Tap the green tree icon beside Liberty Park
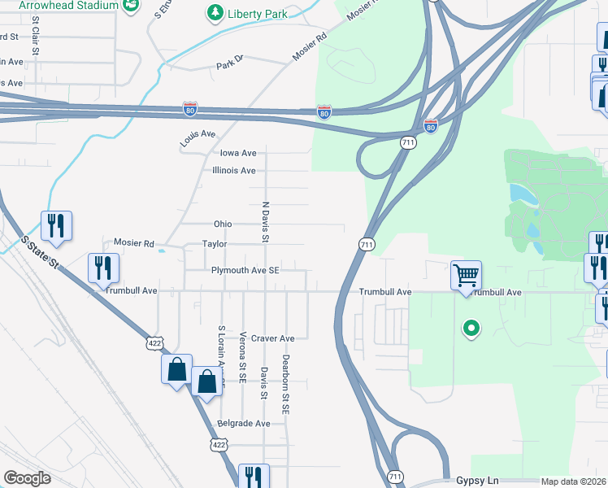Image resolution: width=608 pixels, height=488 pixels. pyautogui.click(x=215, y=13)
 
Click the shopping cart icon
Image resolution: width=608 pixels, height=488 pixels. pyautogui.click(x=467, y=275)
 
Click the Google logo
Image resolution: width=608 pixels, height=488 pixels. pyautogui.click(x=28, y=478)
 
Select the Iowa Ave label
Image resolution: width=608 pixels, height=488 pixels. pyautogui.click(x=238, y=153)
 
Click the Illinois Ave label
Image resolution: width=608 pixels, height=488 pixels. pyautogui.click(x=234, y=171)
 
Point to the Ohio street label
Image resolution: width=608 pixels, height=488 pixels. pyautogui.click(x=223, y=224)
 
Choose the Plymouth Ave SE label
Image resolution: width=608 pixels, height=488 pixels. pyautogui.click(x=245, y=271)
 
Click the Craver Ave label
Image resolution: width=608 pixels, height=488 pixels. pyautogui.click(x=272, y=338)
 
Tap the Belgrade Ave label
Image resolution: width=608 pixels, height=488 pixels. pyautogui.click(x=244, y=424)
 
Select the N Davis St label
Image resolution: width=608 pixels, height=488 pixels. pyautogui.click(x=265, y=222)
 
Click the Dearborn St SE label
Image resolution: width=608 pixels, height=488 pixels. pyautogui.click(x=286, y=385)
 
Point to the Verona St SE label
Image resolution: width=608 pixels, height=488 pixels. pyautogui.click(x=243, y=356)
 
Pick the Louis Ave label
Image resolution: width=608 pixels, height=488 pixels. pyautogui.click(x=198, y=139)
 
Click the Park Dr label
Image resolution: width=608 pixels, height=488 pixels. pyautogui.click(x=230, y=65)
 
